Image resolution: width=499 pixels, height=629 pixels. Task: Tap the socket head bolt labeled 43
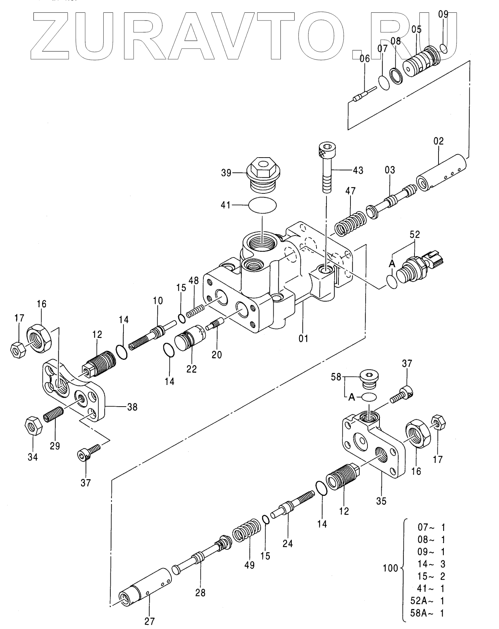pos(326,167)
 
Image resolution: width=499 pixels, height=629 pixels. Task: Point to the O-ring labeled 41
pos(262,205)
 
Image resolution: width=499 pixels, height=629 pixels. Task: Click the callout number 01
pos(303,338)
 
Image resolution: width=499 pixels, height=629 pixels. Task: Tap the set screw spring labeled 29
pos(53,414)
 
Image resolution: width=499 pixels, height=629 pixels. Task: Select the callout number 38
pos(132,407)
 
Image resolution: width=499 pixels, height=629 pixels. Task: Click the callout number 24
pos(288,543)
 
